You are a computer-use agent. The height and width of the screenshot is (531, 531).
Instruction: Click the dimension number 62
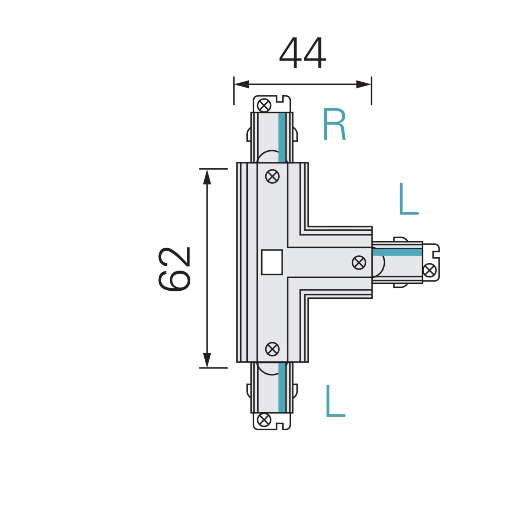(174, 269)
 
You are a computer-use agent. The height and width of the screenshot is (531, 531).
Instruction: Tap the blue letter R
(334, 125)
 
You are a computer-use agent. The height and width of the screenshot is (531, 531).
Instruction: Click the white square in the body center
(272, 262)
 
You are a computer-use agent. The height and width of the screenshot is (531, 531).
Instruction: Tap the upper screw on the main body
(272, 176)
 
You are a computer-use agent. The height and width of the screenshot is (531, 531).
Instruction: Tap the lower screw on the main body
(272, 349)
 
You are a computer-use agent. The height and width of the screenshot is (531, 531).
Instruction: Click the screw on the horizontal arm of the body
(359, 262)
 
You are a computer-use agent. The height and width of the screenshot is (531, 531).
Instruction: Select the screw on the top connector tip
(264, 105)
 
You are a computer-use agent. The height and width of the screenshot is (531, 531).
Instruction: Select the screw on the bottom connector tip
(264, 420)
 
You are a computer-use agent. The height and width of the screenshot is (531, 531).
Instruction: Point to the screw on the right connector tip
(429, 270)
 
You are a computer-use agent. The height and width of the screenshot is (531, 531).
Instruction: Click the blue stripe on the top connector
(282, 137)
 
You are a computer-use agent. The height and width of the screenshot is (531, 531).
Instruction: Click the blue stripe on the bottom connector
(282, 387)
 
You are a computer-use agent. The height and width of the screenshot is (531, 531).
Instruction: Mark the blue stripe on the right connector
(397, 252)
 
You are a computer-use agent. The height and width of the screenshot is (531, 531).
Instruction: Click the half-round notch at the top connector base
(268, 157)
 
